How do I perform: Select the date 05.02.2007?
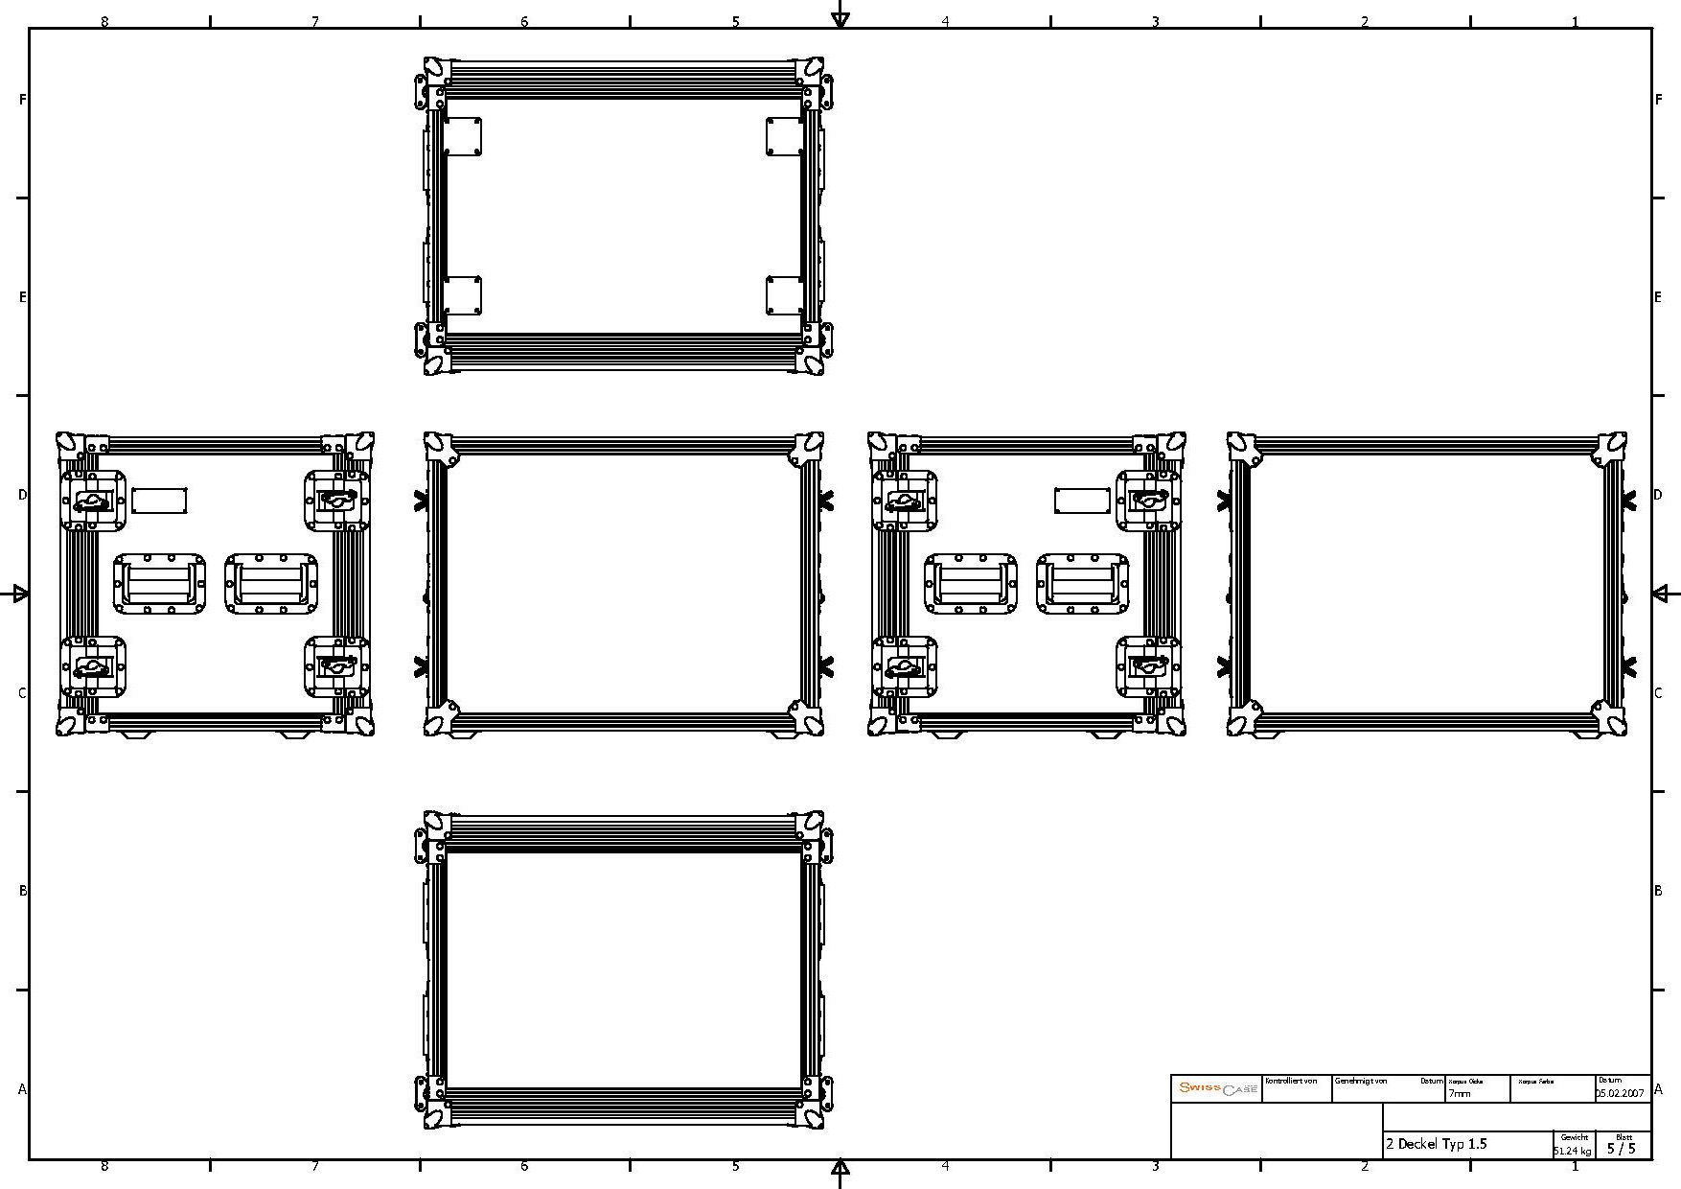1620,1093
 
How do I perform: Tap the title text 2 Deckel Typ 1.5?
1436,1144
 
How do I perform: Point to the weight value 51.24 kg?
1573,1151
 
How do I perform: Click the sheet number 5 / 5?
1622,1148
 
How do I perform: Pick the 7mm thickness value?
1459,1093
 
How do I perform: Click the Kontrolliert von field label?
1291,1081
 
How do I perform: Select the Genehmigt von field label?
1360,1081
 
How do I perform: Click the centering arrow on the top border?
840,17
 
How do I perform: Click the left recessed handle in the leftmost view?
160,584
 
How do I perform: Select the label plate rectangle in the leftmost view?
159,501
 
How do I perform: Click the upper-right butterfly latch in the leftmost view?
336,499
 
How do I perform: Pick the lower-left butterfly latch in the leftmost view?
93,667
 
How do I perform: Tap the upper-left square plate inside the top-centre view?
463,136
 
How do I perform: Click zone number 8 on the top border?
104,20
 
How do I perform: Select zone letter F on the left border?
22,99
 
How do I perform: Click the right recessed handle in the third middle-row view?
1082,584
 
